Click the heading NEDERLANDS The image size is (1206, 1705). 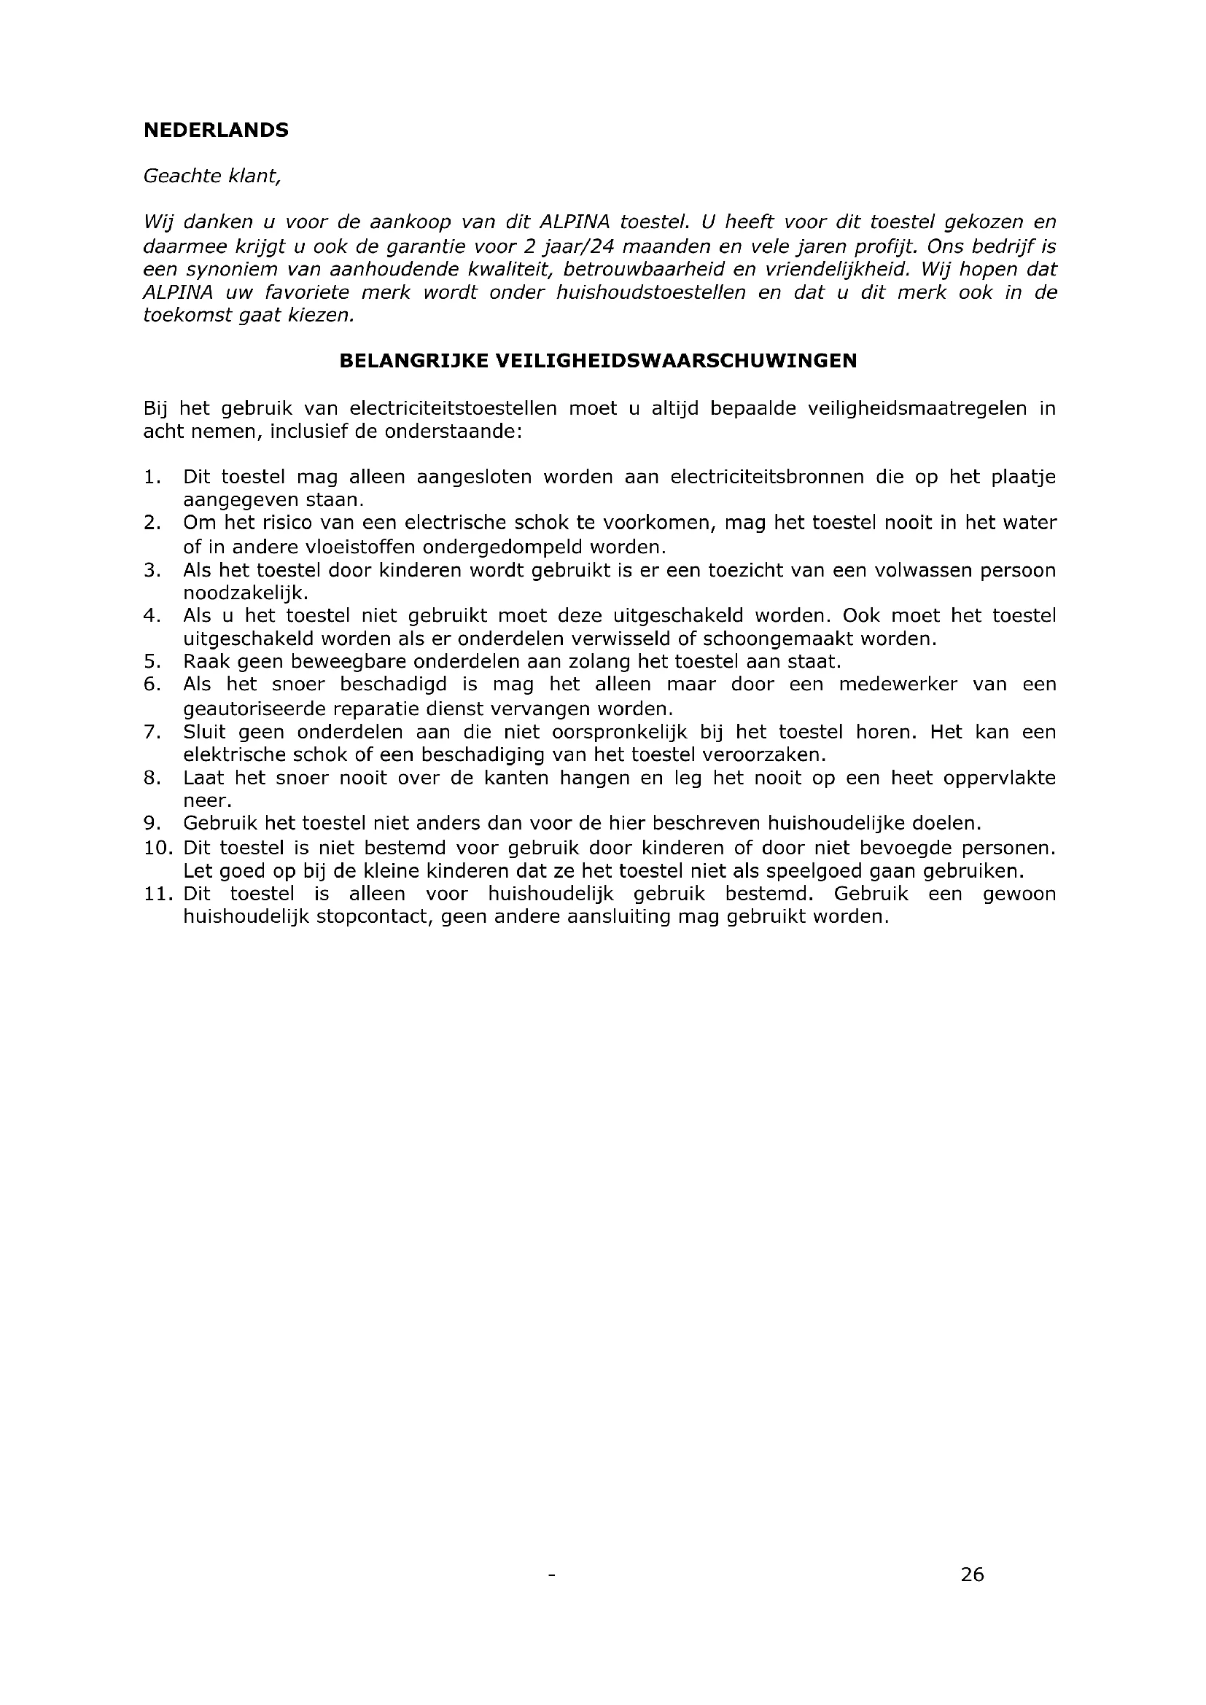click(x=215, y=130)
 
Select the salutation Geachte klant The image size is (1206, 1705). click(x=211, y=176)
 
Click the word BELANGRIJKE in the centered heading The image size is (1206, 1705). click(x=413, y=361)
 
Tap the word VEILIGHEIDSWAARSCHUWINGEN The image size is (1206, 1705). click(x=676, y=361)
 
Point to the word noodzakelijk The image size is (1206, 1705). click(x=244, y=593)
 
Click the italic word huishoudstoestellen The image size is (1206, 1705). click(x=650, y=292)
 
